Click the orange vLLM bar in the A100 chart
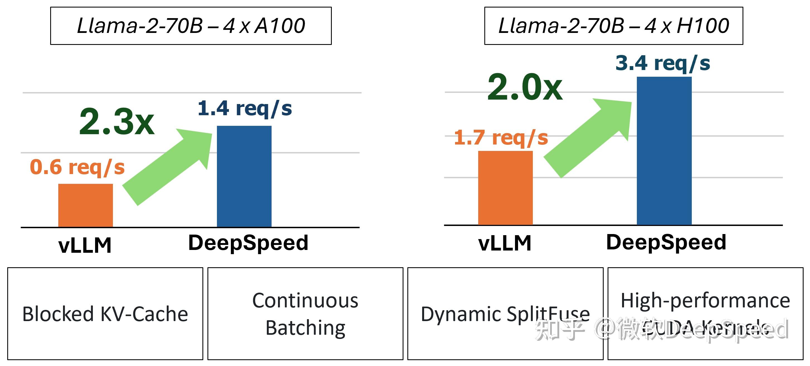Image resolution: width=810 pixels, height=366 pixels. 85,205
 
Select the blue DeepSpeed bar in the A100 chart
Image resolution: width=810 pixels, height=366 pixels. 244,176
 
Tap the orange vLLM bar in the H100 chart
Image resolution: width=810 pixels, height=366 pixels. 505,188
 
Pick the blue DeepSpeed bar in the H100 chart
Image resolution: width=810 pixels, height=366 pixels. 664,151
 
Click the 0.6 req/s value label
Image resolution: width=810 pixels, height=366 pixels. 77,167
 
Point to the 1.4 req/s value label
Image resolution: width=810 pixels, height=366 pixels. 245,109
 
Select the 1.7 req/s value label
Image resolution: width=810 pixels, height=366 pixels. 501,138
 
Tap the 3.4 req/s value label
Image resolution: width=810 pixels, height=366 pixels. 662,63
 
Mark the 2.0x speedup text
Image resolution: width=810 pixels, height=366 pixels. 525,87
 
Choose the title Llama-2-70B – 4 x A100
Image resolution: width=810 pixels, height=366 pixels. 191,26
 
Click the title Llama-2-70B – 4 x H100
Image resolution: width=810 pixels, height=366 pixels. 613,26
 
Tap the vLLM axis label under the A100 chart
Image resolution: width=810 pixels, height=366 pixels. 85,245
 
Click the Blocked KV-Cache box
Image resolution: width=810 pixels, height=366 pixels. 105,314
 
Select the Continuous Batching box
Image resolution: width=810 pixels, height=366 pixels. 305,314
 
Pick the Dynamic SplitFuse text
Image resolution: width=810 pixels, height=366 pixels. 505,314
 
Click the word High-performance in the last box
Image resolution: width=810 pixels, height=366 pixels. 705,300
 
